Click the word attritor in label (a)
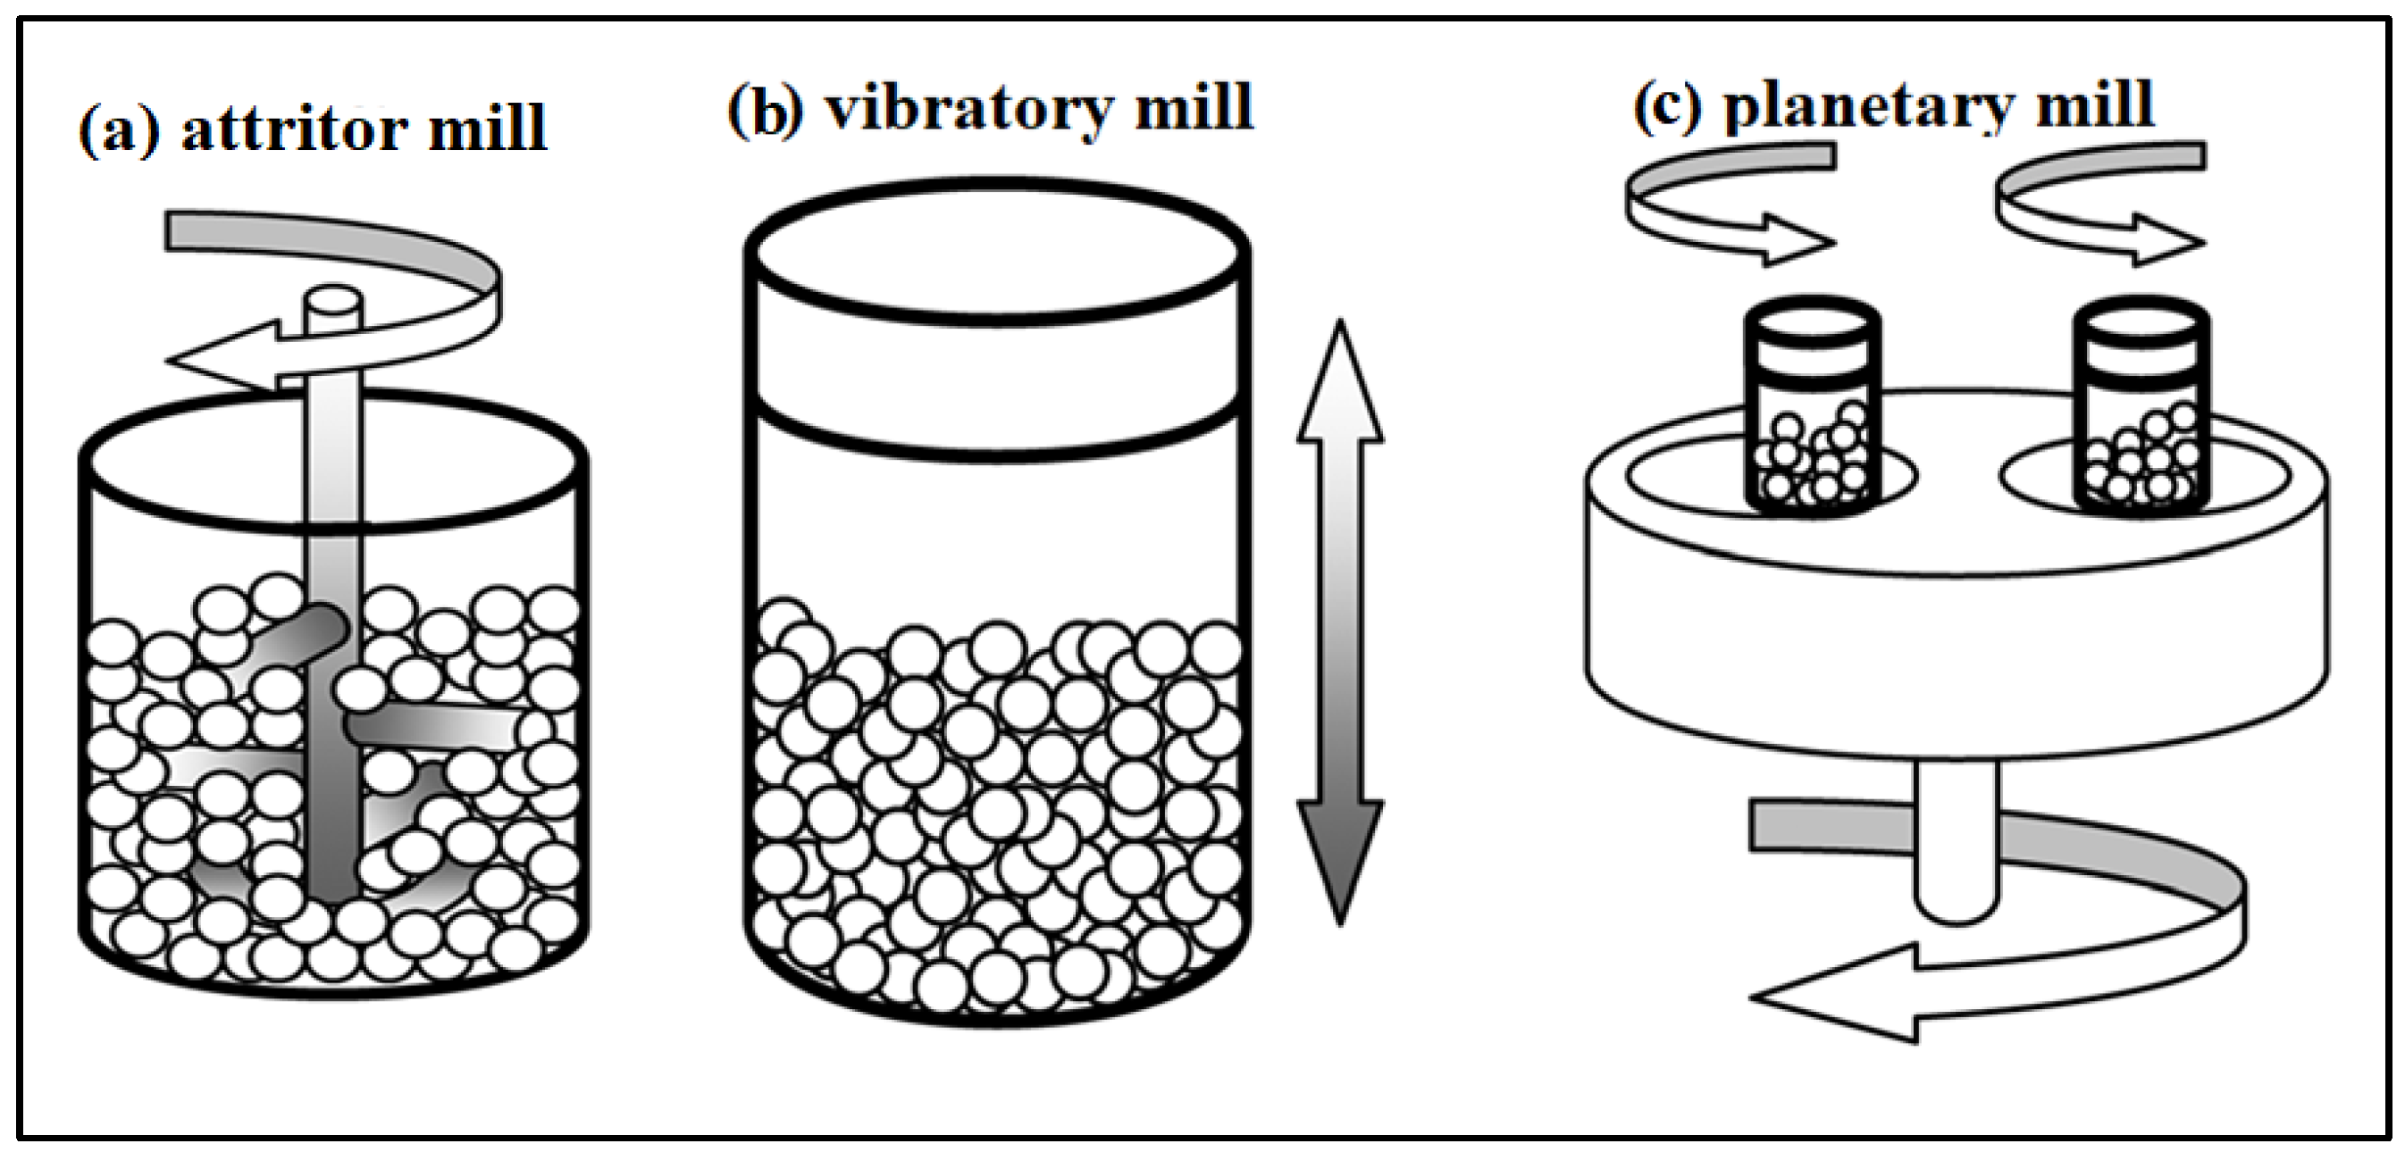(x=294, y=129)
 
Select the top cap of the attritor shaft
(x=333, y=304)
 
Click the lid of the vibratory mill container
(x=997, y=322)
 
